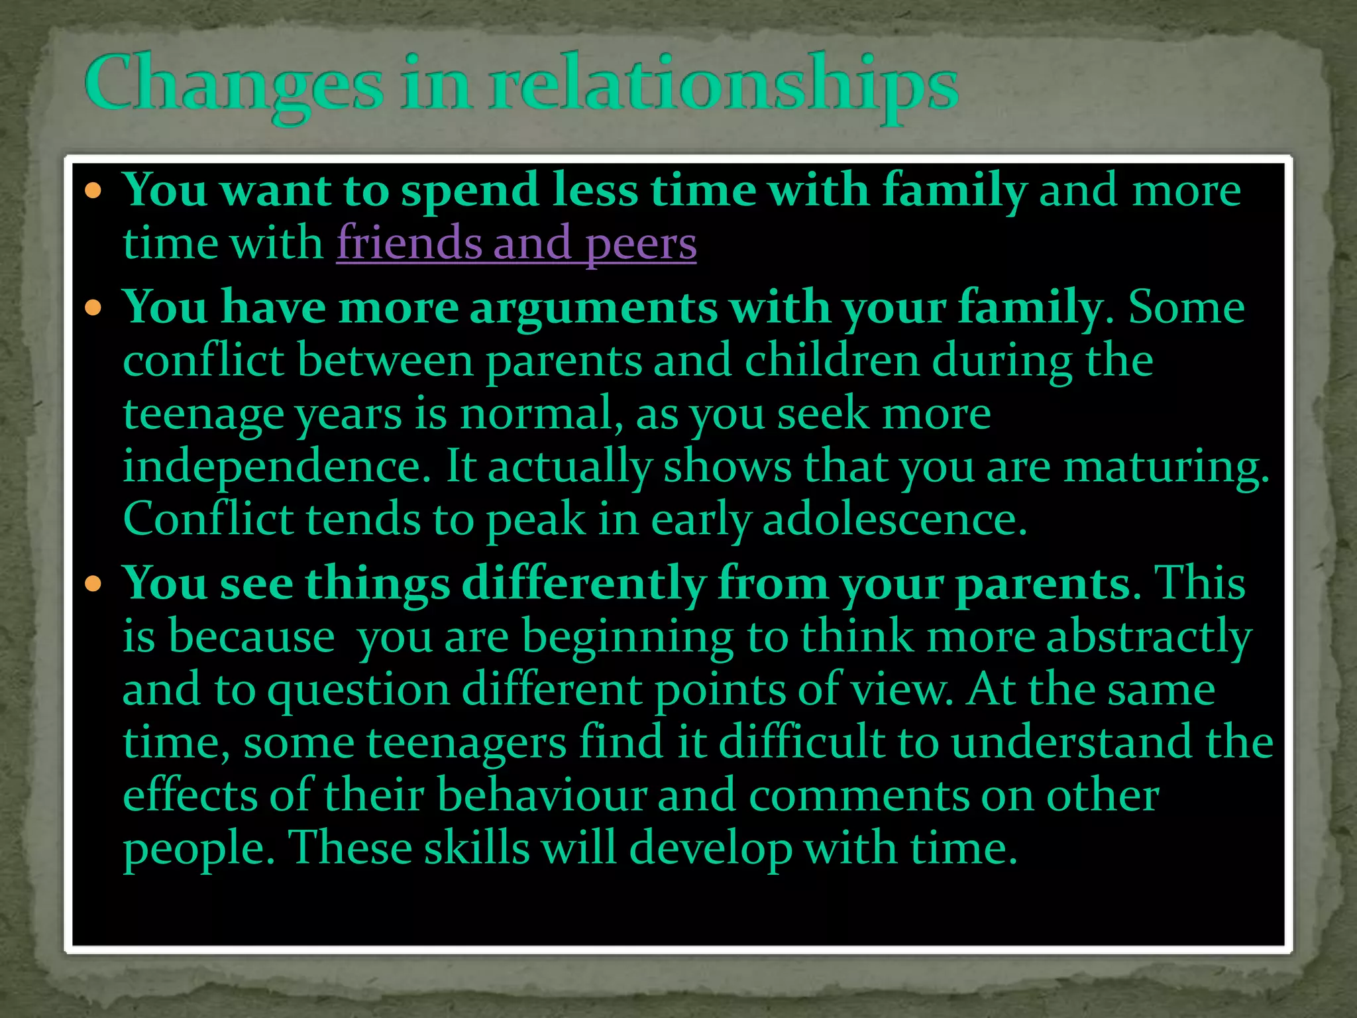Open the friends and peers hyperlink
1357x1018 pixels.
point(516,243)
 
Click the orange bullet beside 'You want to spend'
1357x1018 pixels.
point(93,192)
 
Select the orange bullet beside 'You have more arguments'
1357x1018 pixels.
point(93,308)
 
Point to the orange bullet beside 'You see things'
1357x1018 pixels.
point(93,584)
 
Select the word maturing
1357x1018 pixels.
point(1166,467)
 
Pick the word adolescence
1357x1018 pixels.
point(895,519)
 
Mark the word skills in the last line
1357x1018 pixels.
point(477,848)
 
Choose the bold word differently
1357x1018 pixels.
point(584,585)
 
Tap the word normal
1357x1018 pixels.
point(536,414)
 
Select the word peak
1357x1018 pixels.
point(536,520)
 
